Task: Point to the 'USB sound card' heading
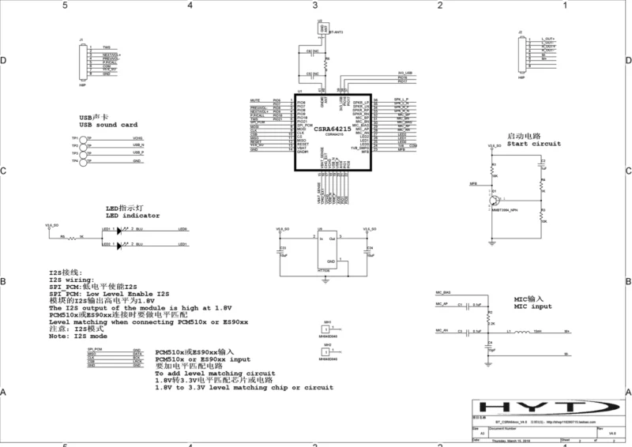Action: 108,125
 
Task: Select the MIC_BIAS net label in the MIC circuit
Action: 442,292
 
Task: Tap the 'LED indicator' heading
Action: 133,215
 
